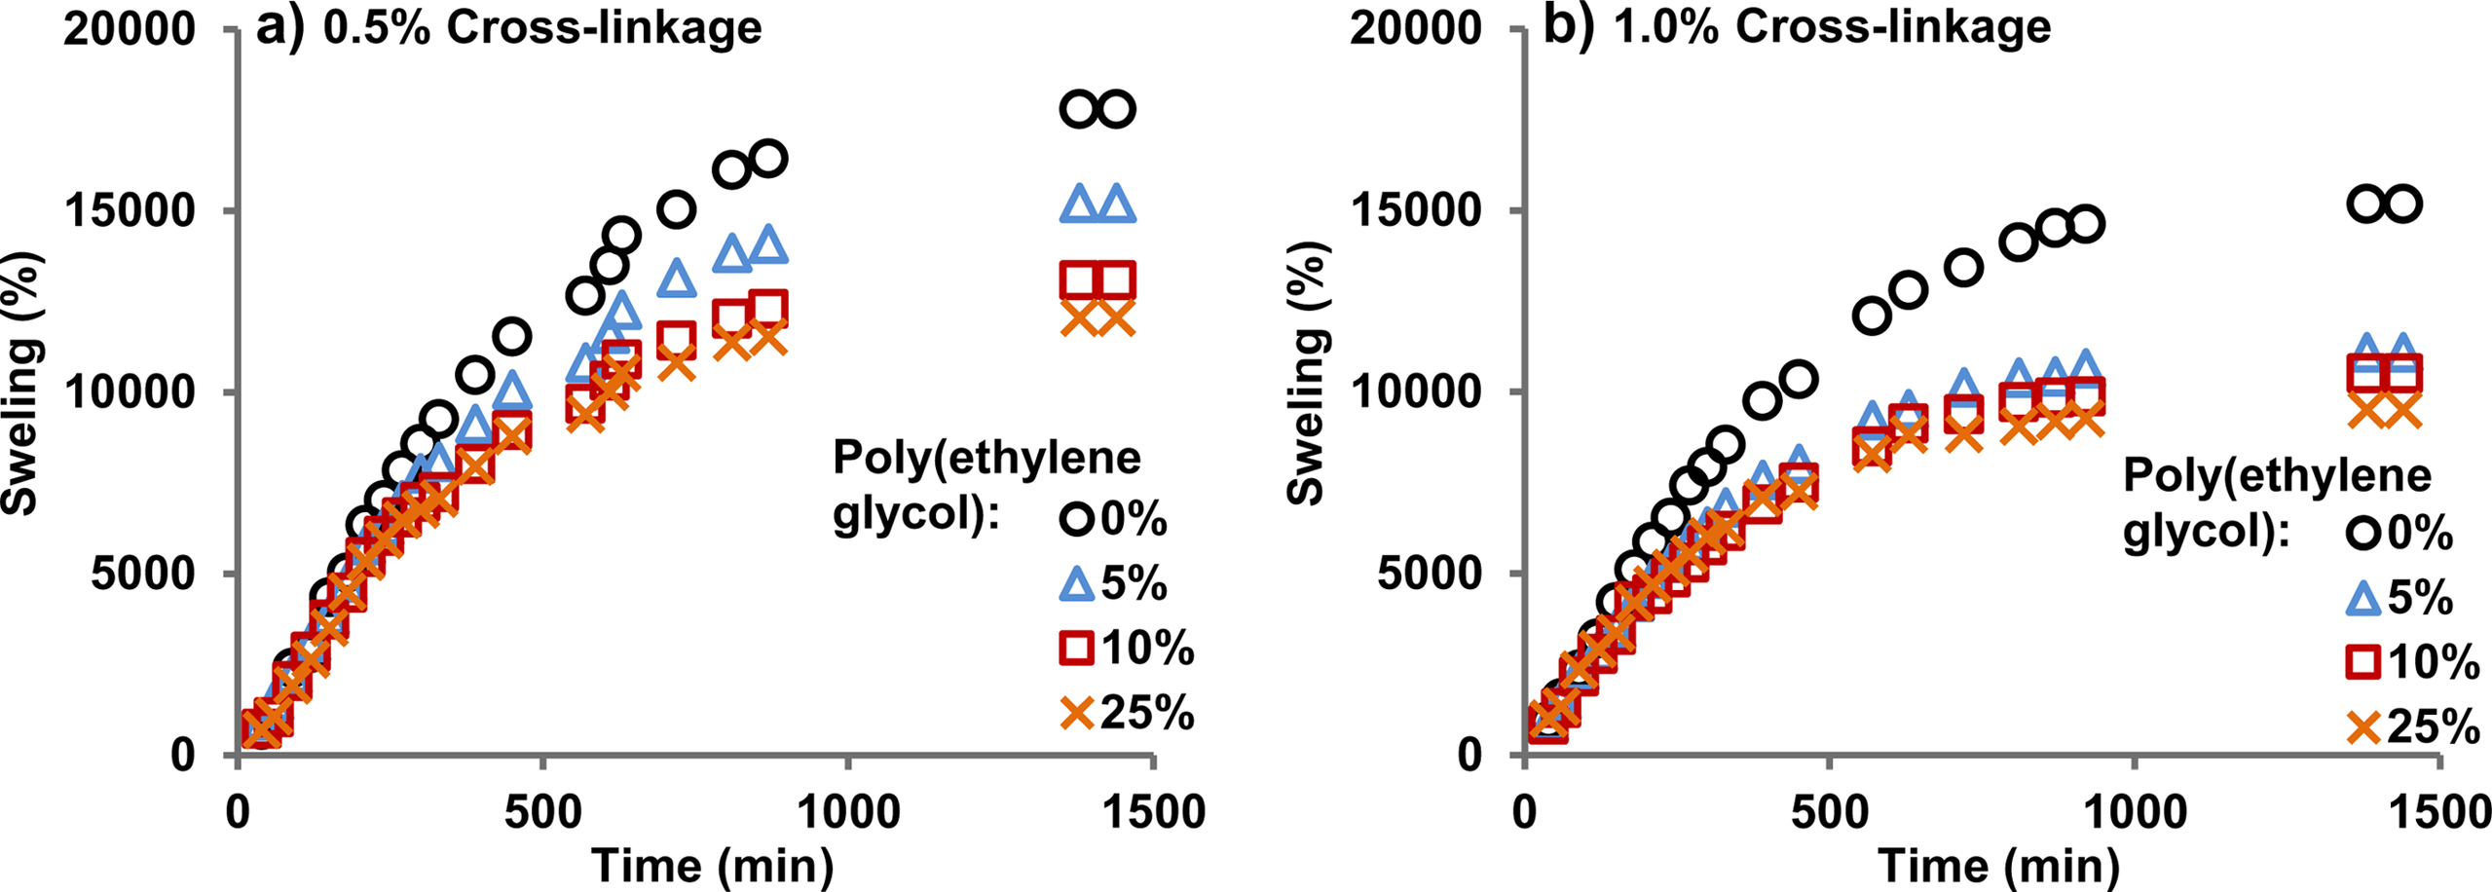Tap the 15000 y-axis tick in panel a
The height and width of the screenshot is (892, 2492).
[x=130, y=211]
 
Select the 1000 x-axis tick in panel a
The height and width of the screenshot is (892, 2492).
[x=849, y=811]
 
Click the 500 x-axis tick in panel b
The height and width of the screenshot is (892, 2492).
[x=1830, y=811]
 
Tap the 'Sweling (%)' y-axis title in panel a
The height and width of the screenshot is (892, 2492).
[x=21, y=383]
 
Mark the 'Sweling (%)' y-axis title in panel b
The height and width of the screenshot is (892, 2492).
[x=1308, y=373]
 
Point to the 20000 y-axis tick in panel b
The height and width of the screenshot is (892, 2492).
[x=1415, y=28]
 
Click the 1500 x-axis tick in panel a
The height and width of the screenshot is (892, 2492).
[x=1154, y=811]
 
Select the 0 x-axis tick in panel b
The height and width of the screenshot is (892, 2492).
[x=1525, y=811]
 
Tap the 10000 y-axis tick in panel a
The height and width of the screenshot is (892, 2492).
[x=130, y=392]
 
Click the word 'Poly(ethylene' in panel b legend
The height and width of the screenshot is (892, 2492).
[x=2277, y=476]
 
